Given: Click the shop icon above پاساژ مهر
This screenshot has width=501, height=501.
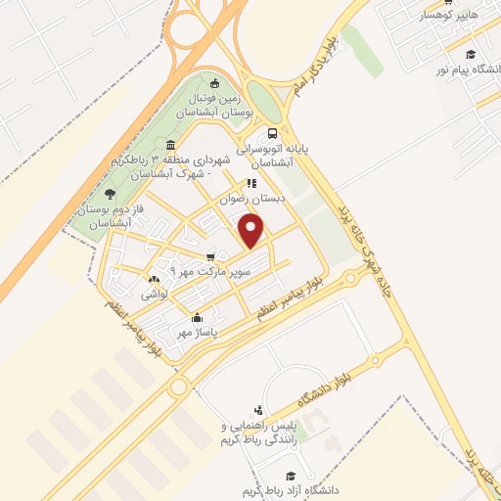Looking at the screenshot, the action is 198,317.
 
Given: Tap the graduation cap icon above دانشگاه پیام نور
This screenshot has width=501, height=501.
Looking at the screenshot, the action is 471,55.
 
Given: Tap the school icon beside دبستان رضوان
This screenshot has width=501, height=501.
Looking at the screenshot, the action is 251,183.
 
